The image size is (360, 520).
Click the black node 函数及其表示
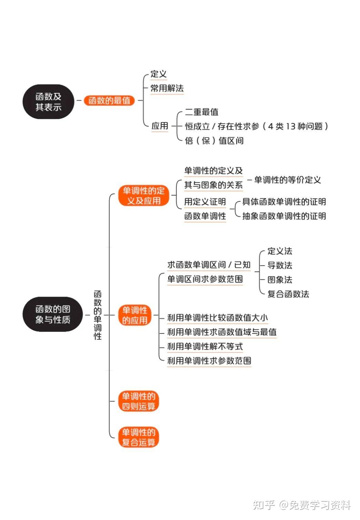(x=48, y=102)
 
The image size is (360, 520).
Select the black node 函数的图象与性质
(x=53, y=314)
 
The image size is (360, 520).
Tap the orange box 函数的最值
(x=109, y=100)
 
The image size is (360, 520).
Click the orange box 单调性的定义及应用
(x=143, y=196)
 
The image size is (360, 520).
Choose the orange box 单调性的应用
(x=134, y=315)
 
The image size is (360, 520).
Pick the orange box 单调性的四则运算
(x=139, y=401)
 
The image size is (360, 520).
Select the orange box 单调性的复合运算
(x=139, y=437)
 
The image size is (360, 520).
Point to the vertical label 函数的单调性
(x=98, y=315)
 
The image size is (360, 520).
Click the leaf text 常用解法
(x=167, y=88)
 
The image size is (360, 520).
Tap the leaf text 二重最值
(x=201, y=112)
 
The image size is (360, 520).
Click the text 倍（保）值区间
(x=214, y=140)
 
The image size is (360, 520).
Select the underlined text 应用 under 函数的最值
(x=160, y=126)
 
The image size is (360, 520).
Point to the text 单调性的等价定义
(x=288, y=180)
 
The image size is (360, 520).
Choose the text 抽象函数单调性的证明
(x=284, y=216)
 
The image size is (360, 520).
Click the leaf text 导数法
(x=280, y=265)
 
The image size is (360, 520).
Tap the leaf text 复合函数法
(x=288, y=294)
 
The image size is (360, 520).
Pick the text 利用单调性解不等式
(x=205, y=346)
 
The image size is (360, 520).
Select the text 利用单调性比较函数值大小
(x=217, y=318)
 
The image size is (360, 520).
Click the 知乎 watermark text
(x=264, y=505)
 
